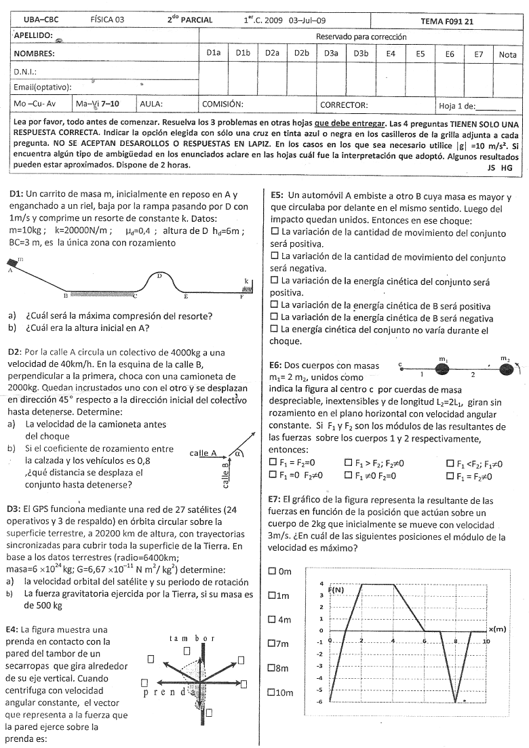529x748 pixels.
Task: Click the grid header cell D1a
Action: pyautogui.click(x=214, y=53)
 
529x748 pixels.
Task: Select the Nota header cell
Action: pyautogui.click(x=507, y=54)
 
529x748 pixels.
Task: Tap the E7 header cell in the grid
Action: pyautogui.click(x=479, y=53)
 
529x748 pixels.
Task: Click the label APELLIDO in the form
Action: pyautogui.click(x=34, y=35)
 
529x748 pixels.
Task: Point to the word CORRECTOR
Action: pyautogui.click(x=344, y=105)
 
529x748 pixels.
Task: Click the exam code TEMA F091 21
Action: pyautogui.click(x=447, y=21)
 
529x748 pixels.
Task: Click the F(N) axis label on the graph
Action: pyautogui.click(x=336, y=589)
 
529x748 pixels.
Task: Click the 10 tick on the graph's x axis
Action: pyautogui.click(x=486, y=641)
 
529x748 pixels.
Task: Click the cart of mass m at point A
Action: pyautogui.click(x=13, y=262)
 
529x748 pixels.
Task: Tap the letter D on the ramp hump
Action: pyautogui.click(x=159, y=275)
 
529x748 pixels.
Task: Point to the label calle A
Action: pyautogui.click(x=203, y=453)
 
